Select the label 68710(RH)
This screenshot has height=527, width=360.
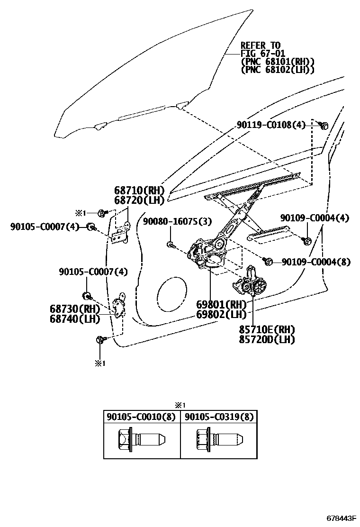tap(139, 190)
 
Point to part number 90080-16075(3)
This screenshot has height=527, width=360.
tap(178, 221)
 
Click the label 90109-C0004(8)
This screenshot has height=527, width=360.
tap(316, 262)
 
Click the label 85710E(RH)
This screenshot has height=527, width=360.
tap(267, 329)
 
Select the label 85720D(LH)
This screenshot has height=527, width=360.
tap(267, 339)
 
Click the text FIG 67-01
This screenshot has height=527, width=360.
tap(262, 53)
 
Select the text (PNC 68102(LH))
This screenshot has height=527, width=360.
tap(278, 70)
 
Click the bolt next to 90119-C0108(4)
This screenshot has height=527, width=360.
tap(324, 126)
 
